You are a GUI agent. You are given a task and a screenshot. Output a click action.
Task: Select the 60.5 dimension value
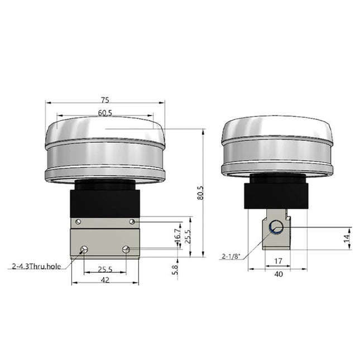(x=105, y=113)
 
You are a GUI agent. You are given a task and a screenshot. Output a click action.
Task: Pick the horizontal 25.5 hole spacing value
(x=104, y=269)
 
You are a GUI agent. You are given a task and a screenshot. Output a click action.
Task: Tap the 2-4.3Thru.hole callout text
(x=36, y=267)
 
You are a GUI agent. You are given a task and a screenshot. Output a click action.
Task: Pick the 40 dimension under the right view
(x=279, y=274)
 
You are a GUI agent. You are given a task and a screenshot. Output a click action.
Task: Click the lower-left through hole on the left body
(x=84, y=249)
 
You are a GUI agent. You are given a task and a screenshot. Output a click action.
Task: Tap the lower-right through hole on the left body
(x=126, y=249)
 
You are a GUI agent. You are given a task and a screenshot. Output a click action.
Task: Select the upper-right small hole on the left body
(x=132, y=222)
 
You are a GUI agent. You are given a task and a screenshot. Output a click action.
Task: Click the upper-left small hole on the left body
(x=78, y=222)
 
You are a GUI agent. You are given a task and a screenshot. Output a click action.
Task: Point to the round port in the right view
(x=276, y=227)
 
